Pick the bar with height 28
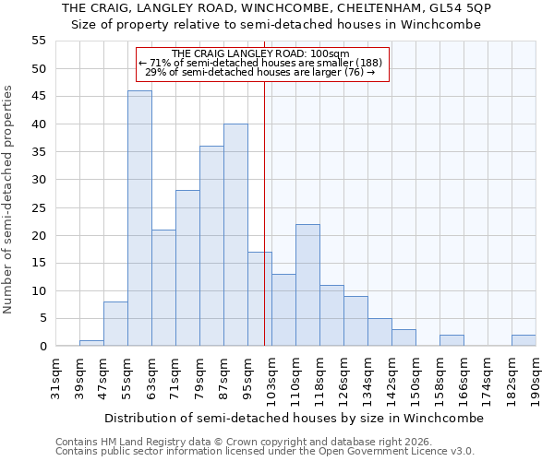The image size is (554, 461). pos(187,268)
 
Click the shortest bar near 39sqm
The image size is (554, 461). pos(91,343)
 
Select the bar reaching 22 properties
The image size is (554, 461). pos(307,285)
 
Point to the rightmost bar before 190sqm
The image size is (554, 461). pos(524,340)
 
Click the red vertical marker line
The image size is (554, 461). pos(265,230)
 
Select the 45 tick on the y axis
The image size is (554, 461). pos(39,96)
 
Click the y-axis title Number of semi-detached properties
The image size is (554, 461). pos(8,199)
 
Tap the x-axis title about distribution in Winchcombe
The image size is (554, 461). pos(294,418)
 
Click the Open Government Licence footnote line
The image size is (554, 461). pos(265,451)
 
